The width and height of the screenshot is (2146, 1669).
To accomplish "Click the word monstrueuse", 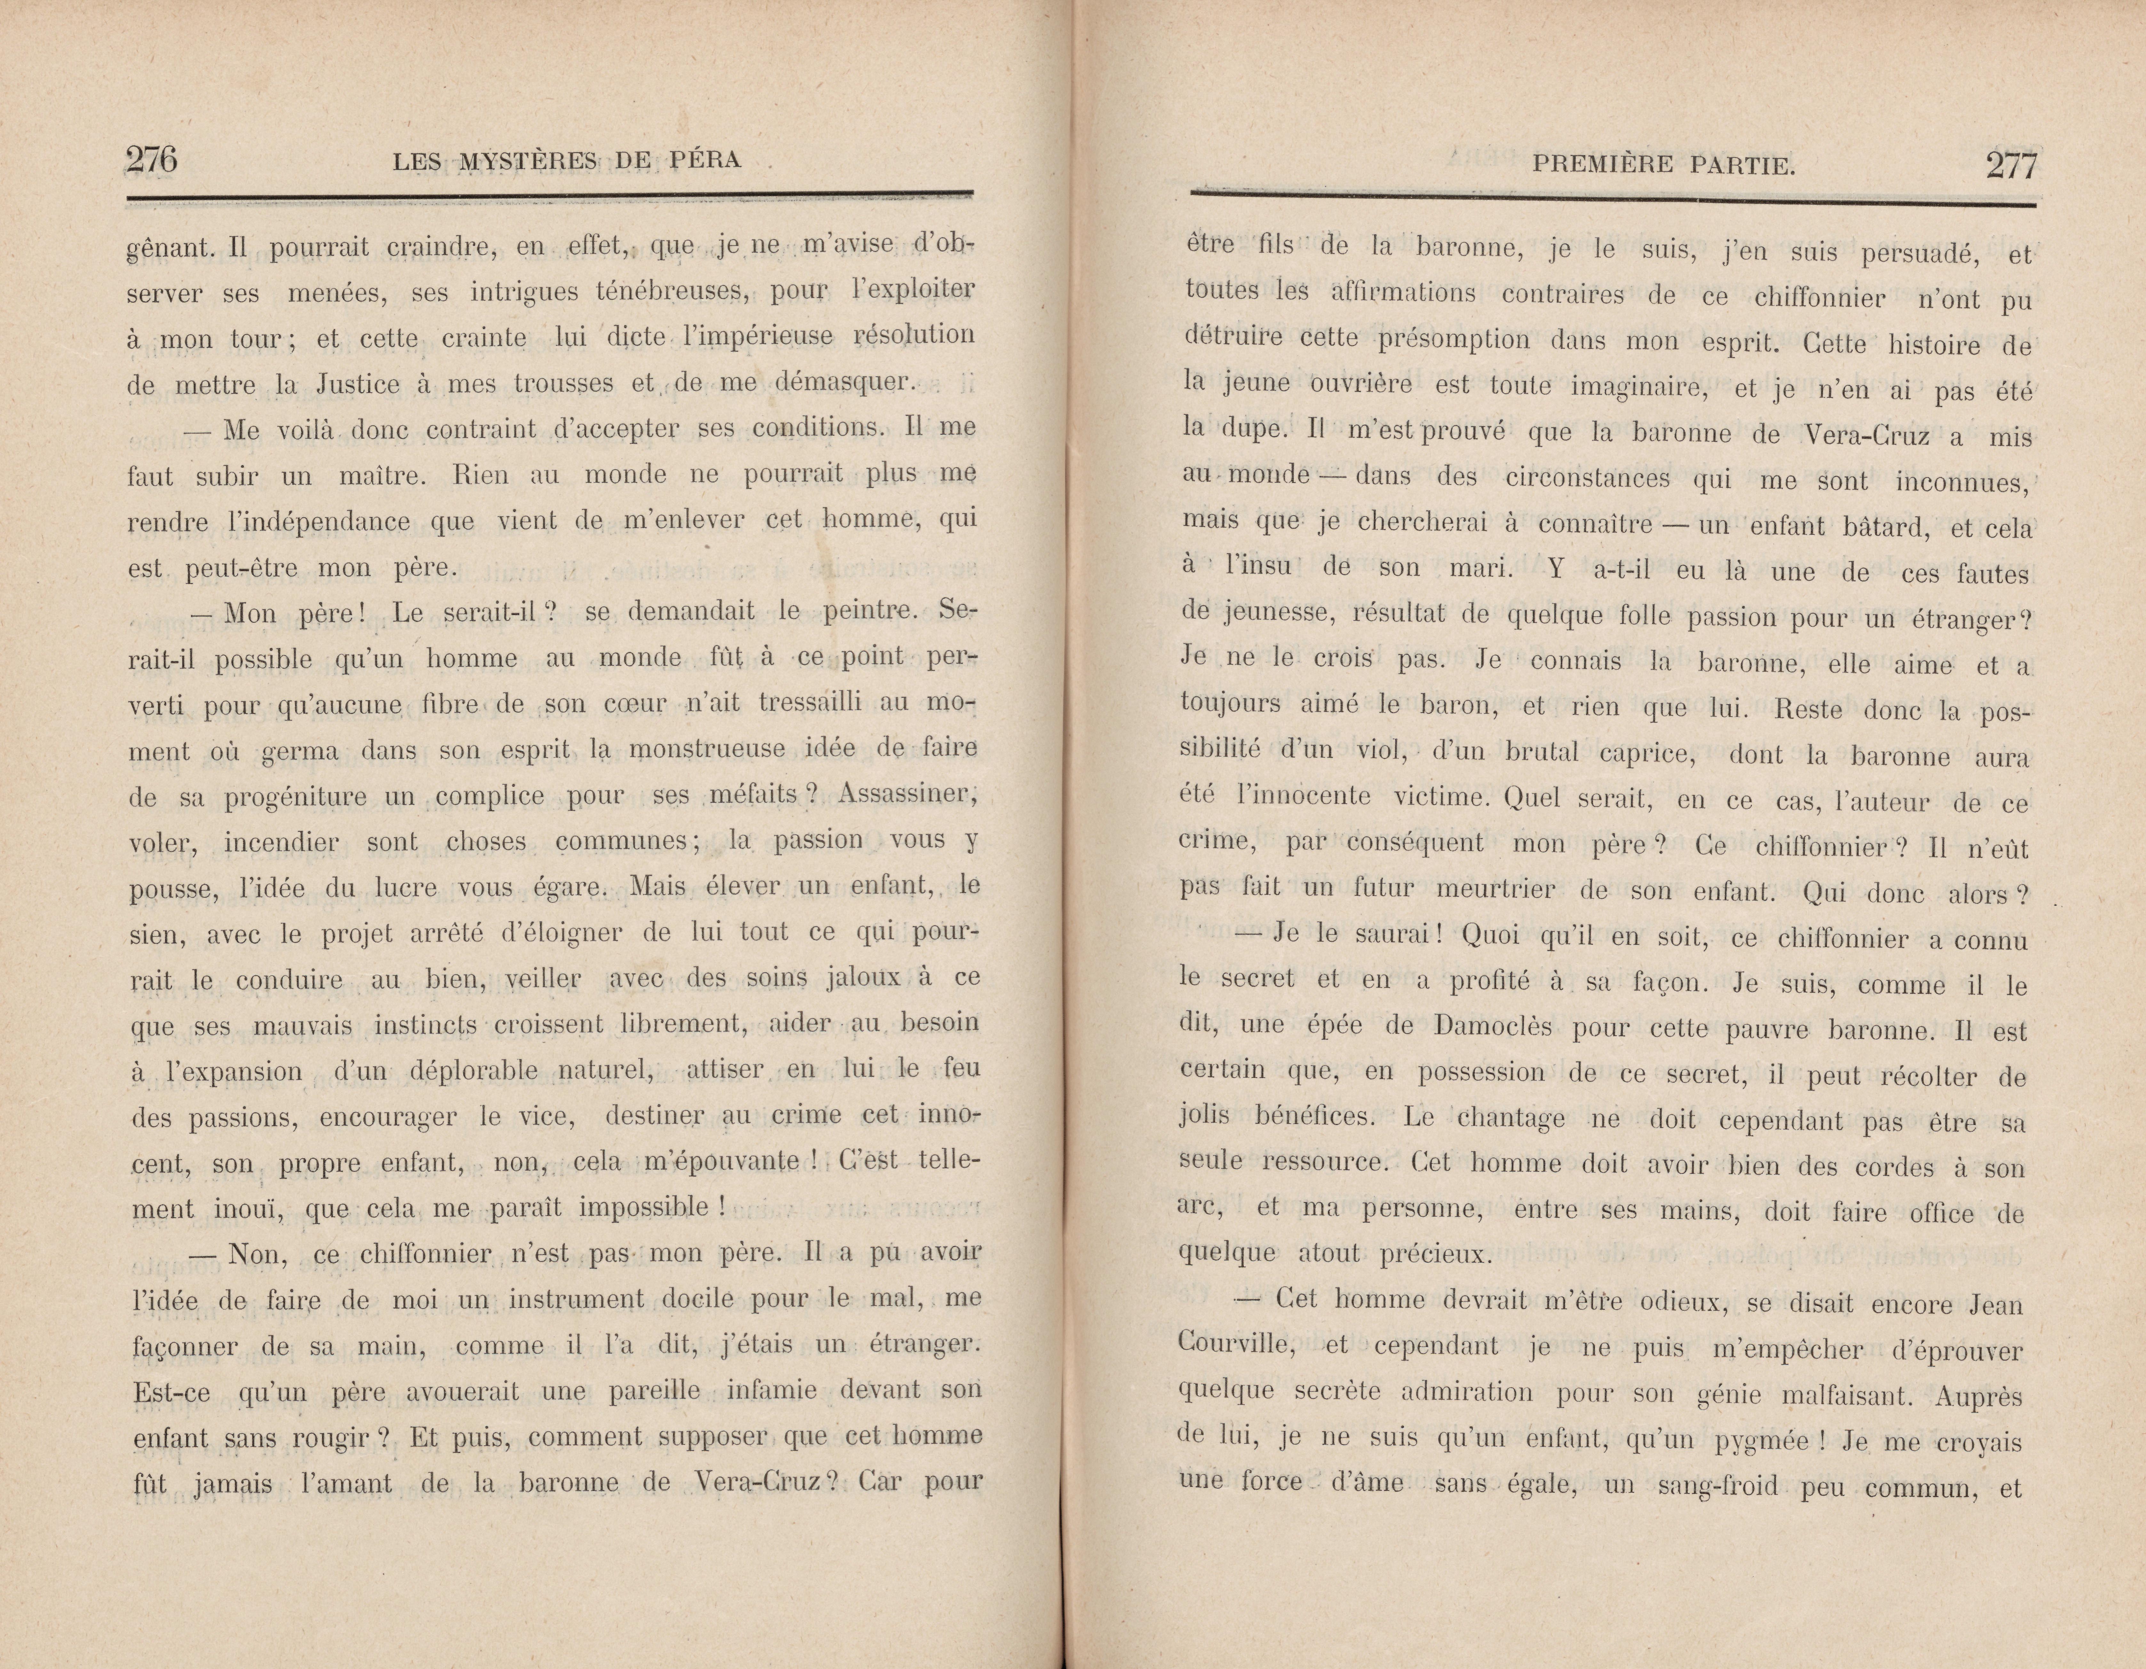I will [707, 751].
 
